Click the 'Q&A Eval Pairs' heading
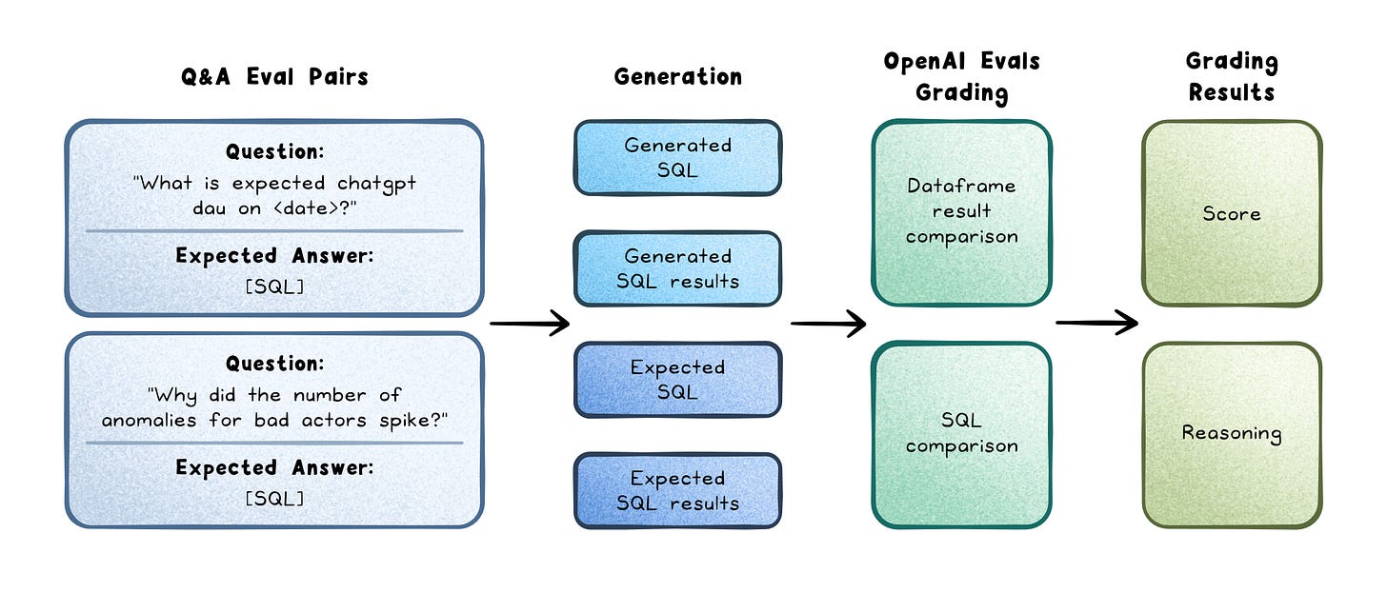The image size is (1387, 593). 274,77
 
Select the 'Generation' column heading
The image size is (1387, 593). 678,77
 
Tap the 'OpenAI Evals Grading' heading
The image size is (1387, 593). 961,77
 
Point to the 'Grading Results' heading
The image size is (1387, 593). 1232,77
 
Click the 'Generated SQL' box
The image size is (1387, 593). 678,158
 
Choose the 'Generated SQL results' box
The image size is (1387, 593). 678,268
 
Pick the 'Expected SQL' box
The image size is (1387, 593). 678,380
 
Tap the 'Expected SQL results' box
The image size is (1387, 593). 678,490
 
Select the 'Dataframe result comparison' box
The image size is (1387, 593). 961,212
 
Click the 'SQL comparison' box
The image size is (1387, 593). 961,435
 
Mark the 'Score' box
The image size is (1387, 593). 1233,213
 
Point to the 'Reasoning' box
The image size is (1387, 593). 1233,435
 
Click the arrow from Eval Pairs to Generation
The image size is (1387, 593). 530,323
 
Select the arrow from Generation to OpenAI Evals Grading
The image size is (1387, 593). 829,323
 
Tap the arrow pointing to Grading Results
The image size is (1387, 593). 1097,323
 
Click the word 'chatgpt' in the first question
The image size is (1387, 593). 376,184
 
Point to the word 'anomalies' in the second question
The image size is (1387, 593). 149,421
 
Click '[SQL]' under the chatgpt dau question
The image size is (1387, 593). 274,287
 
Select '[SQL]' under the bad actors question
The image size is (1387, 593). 274,499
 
